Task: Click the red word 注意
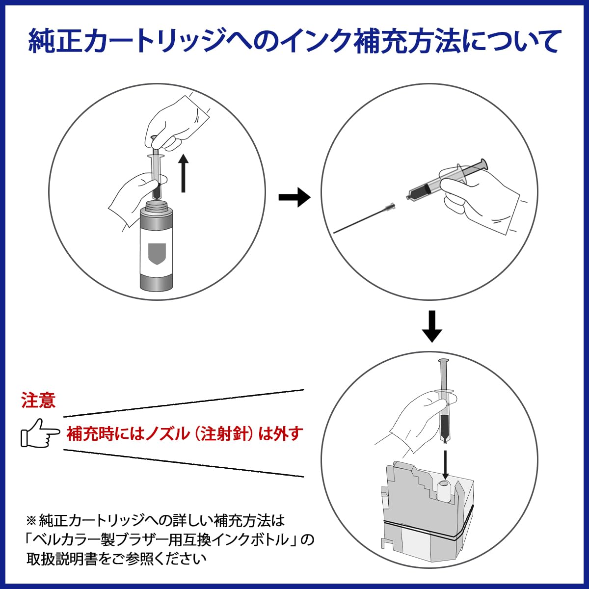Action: tap(38, 401)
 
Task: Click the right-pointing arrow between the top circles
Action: tap(294, 197)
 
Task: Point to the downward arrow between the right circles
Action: tap(432, 326)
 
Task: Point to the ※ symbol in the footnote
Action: tap(31, 520)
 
